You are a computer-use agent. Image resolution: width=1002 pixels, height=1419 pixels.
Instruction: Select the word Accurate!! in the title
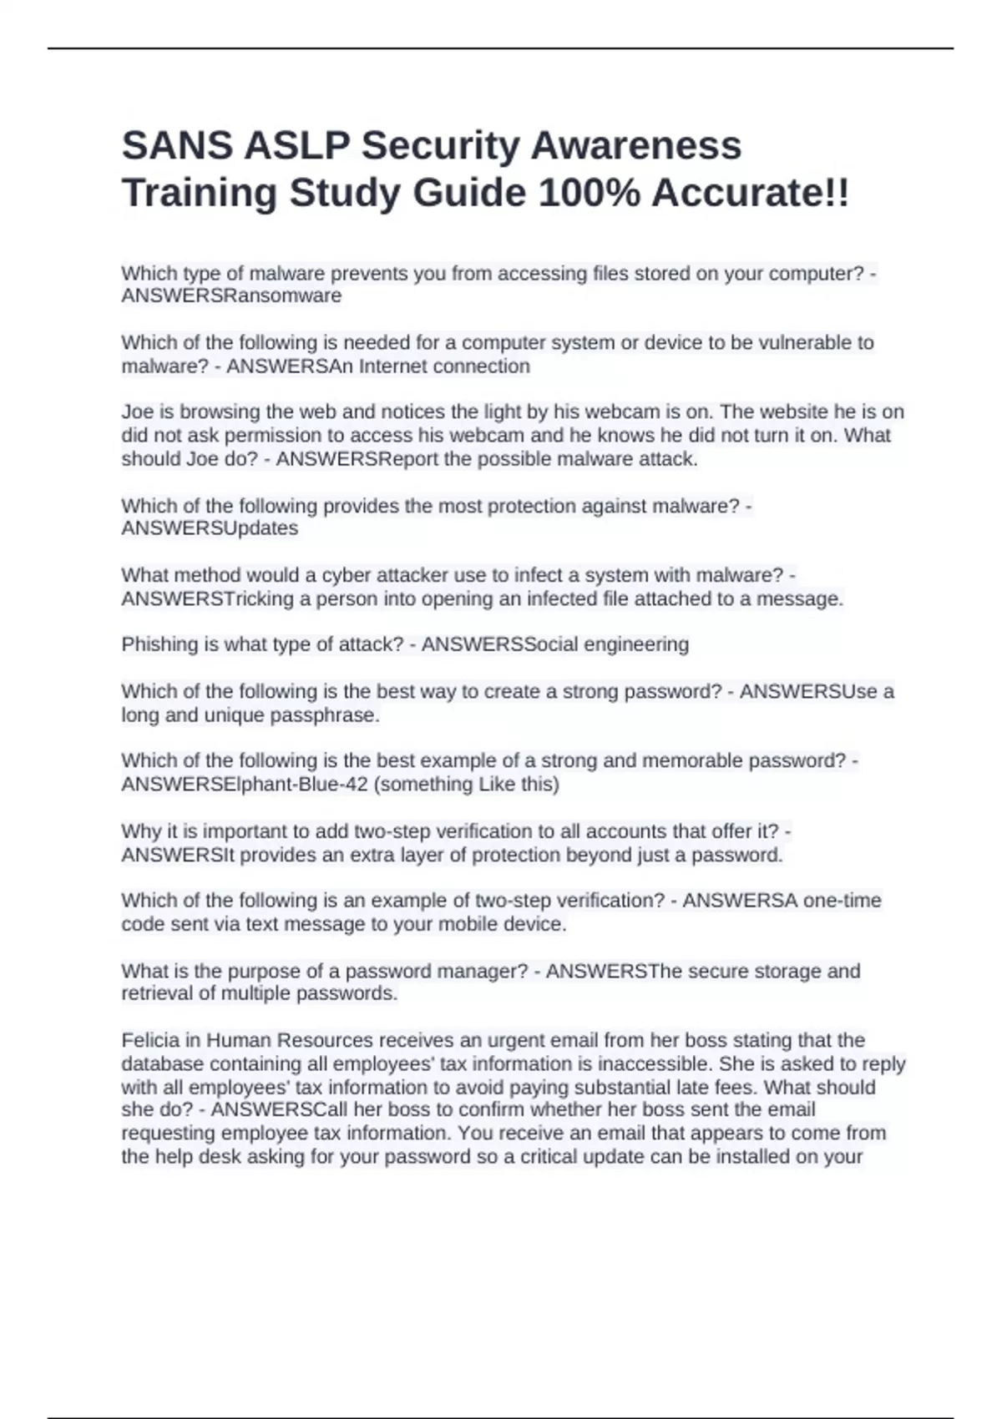pyautogui.click(x=750, y=194)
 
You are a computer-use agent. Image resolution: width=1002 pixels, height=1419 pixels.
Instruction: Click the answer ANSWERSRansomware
pyautogui.click(x=231, y=296)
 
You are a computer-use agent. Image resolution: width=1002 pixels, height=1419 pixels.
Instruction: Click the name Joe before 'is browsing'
pyautogui.click(x=137, y=412)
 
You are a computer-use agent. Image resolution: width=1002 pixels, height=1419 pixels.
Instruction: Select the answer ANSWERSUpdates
pyautogui.click(x=210, y=528)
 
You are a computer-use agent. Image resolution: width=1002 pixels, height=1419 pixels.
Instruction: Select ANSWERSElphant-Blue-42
pyautogui.click(x=245, y=785)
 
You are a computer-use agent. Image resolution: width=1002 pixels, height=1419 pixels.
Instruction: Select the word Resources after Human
pyautogui.click(x=325, y=1041)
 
